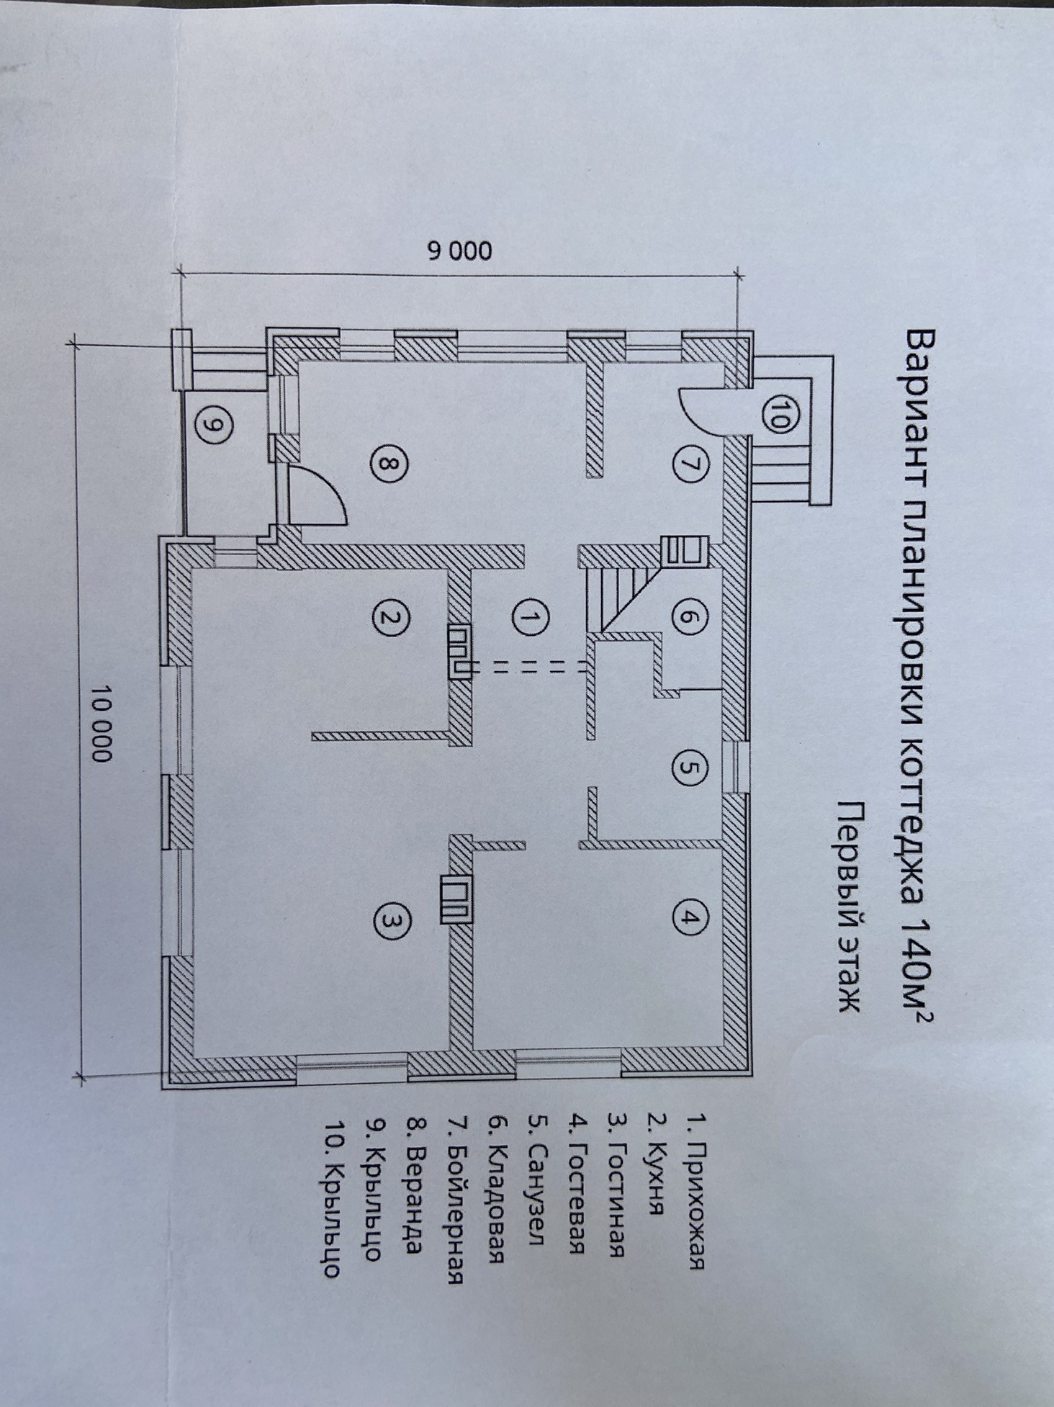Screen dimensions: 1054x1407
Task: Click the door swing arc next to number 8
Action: (x=324, y=490)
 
